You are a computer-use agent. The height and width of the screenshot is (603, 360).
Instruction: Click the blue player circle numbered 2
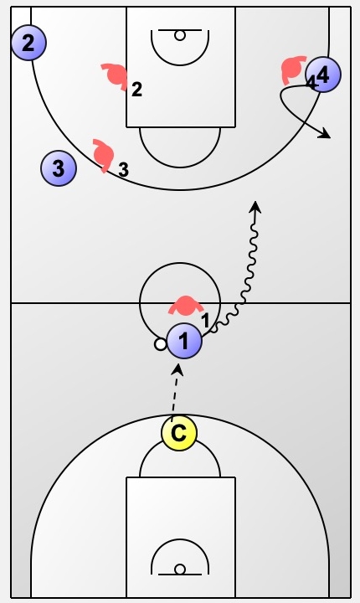(x=28, y=43)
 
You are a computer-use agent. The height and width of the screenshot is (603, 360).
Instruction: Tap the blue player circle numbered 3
(x=59, y=168)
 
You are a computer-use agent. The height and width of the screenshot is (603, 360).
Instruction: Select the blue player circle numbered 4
(x=323, y=75)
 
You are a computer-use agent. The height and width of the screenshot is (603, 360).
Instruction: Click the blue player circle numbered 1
(x=184, y=341)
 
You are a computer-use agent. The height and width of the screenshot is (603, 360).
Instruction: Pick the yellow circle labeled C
(x=179, y=433)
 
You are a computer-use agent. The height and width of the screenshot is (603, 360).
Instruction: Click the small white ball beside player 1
(x=161, y=344)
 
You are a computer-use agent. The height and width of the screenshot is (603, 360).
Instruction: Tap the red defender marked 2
(x=116, y=75)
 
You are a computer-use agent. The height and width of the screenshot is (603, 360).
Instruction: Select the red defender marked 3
(x=104, y=155)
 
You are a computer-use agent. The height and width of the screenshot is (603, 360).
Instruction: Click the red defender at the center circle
(x=186, y=305)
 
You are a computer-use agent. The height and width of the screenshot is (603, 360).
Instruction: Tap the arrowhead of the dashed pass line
(x=177, y=368)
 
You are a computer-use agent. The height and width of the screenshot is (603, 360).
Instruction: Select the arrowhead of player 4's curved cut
(x=326, y=133)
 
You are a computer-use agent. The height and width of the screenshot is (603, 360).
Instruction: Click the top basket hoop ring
(x=180, y=35)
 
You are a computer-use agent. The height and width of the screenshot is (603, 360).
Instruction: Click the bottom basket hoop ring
(x=180, y=569)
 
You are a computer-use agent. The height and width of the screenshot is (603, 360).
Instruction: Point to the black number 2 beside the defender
(x=136, y=90)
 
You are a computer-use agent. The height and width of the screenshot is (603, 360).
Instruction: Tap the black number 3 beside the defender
(x=123, y=169)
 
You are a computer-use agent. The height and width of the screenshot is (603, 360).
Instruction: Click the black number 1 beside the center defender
(x=206, y=320)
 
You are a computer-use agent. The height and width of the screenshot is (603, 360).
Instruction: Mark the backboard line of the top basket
(x=180, y=29)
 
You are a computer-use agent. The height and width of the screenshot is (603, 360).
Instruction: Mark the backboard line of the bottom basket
(x=180, y=575)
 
